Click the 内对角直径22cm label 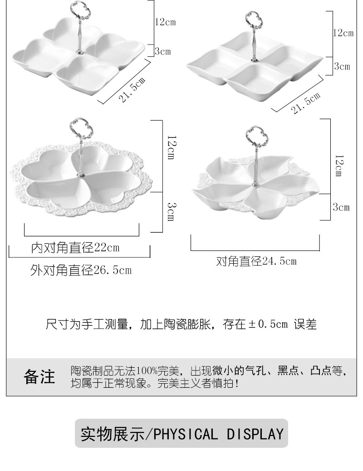(x=75, y=248)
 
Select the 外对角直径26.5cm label (x=81, y=271)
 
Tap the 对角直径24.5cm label (x=256, y=261)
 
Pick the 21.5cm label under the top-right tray (x=306, y=103)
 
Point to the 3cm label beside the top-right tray (x=342, y=66)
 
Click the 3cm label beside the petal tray (x=341, y=208)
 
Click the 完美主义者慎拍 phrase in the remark (x=194, y=384)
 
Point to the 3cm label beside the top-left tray (x=162, y=51)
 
